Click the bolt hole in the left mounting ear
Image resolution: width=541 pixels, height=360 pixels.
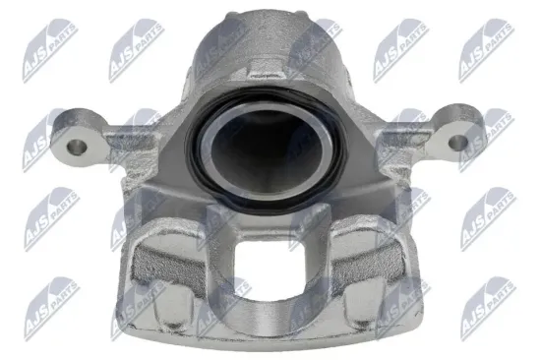click(77, 148)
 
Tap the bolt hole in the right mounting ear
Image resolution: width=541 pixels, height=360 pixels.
click(457, 143)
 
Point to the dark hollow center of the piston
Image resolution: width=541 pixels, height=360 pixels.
click(266, 150)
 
